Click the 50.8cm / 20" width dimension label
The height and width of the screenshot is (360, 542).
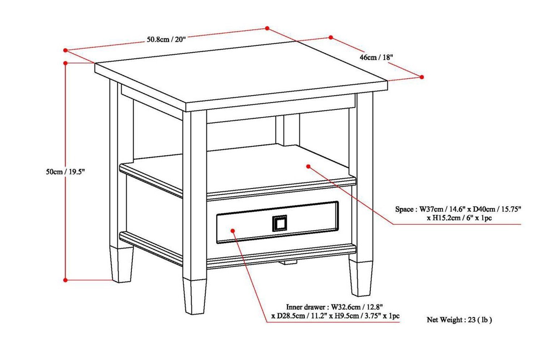coord(166,39)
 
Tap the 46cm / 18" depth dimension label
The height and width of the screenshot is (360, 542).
coord(376,57)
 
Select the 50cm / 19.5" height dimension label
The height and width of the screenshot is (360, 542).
coord(65,172)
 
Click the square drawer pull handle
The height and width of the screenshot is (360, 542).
coord(279,223)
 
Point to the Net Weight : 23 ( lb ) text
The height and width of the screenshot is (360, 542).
coord(459,320)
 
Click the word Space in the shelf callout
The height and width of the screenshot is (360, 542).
coord(404,209)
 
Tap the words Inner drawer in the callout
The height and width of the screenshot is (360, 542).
coord(305,307)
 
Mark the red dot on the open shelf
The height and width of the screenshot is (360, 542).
coord(308,166)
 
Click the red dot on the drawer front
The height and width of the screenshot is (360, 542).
coord(233,230)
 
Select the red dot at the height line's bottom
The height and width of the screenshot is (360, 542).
coord(65,280)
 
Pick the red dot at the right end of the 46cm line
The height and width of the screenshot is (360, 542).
coord(422,77)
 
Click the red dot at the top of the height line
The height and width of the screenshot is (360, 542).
coord(65,63)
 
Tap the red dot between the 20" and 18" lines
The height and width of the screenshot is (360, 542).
coord(267,28)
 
